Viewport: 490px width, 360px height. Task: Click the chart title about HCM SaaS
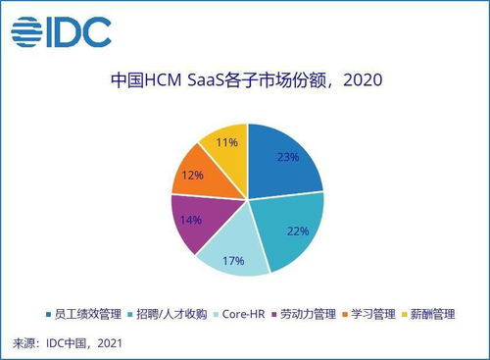pos(245,79)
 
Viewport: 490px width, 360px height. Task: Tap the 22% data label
pos(297,231)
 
